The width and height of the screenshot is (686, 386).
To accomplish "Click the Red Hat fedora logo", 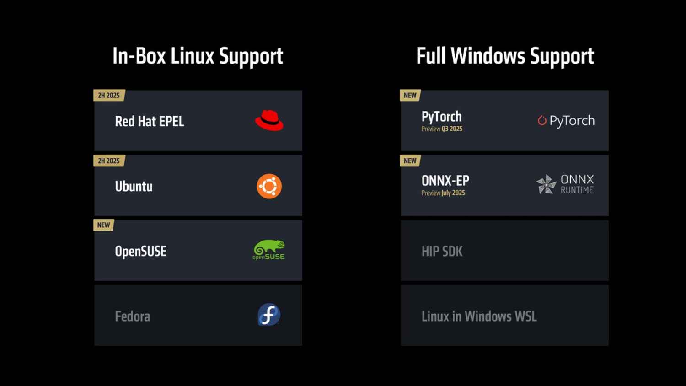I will (269, 121).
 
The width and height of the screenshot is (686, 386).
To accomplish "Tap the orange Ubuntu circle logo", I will (269, 186).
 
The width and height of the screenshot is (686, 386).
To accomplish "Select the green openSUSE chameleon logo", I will (269, 250).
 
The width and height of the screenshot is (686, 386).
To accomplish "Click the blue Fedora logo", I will (269, 315).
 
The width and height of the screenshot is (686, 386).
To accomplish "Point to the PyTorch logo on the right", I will (566, 121).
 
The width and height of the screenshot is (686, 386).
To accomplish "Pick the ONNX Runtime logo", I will (565, 184).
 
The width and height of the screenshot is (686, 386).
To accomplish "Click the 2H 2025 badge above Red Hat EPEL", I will (109, 96).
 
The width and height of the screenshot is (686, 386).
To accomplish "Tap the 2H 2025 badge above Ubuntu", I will (109, 161).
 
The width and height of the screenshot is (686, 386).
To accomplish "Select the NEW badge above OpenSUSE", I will (104, 225).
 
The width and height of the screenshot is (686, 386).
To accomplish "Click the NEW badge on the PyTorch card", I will (410, 96).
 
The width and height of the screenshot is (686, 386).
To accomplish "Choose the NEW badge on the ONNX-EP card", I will (410, 161).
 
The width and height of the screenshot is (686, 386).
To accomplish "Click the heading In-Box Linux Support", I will (198, 56).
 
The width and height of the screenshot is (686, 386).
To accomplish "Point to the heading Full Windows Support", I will (505, 56).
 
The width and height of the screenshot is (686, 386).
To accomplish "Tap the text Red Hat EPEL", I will (150, 122).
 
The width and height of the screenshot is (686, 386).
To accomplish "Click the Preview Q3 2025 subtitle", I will (442, 129).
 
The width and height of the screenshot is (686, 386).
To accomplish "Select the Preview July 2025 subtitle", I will (443, 193).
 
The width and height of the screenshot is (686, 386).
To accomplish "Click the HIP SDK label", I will (442, 252).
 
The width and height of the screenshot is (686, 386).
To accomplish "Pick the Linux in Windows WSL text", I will (479, 316).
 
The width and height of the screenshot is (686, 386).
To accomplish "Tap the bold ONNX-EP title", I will (445, 181).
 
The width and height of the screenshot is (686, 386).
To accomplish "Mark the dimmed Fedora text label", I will (133, 316).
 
